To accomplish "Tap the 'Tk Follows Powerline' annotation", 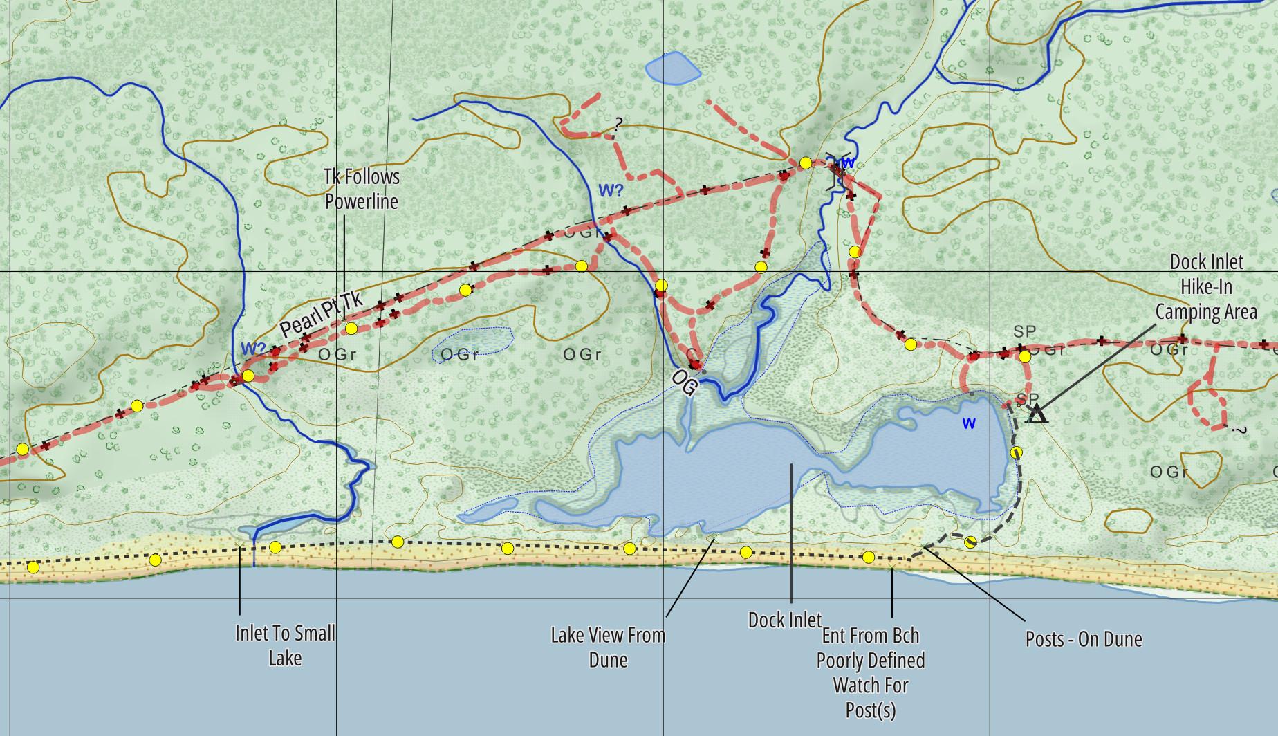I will click(x=362, y=189).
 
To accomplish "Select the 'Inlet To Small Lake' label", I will click(x=285, y=645).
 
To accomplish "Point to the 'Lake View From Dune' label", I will click(x=608, y=647).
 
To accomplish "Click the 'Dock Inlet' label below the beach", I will click(x=785, y=620).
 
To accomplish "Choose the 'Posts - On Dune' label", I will click(x=1083, y=638).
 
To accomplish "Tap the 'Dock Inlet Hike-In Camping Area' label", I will click(x=1206, y=287).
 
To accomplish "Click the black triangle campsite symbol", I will click(x=1036, y=414).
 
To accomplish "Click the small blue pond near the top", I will click(x=672, y=68).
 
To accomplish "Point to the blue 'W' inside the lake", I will click(x=969, y=424).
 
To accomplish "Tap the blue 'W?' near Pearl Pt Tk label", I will click(x=253, y=348).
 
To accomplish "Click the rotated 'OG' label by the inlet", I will click(x=685, y=383).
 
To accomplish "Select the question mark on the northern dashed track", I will click(x=618, y=124).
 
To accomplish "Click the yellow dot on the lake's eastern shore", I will click(x=1016, y=452).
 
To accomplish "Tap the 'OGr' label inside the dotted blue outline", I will click(x=459, y=355).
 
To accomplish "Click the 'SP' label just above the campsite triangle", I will click(x=1027, y=400).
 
